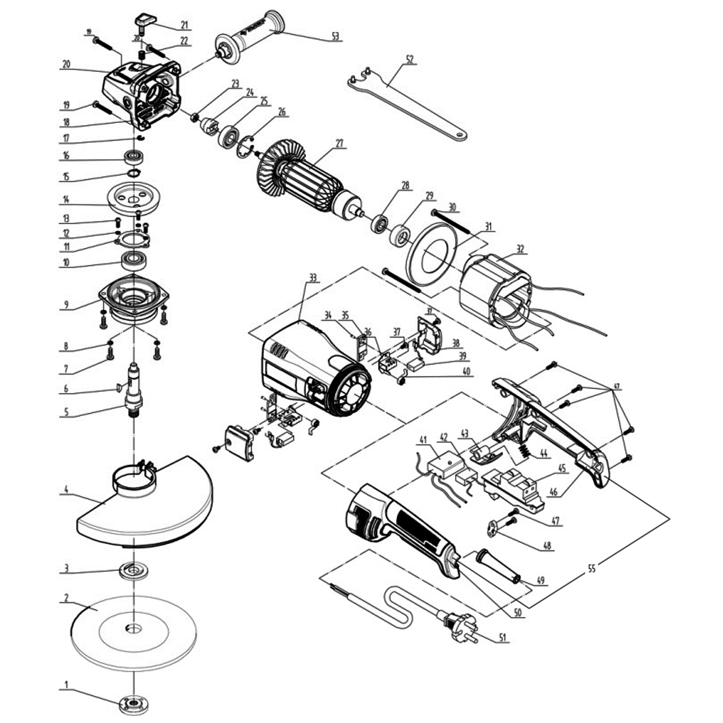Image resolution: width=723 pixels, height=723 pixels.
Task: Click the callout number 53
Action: pos(336,36)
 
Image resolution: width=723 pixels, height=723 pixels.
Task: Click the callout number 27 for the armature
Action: pos(339,144)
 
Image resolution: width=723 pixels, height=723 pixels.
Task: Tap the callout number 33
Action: pos(313,278)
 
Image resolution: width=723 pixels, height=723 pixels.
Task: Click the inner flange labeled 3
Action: pos(133,570)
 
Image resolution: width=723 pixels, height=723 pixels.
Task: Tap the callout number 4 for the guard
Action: pos(66,490)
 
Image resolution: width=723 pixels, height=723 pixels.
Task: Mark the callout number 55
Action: pos(592,569)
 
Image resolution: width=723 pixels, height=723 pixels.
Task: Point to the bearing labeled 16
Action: pos(133,157)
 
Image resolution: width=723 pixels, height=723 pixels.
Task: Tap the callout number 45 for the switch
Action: pos(562,469)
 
